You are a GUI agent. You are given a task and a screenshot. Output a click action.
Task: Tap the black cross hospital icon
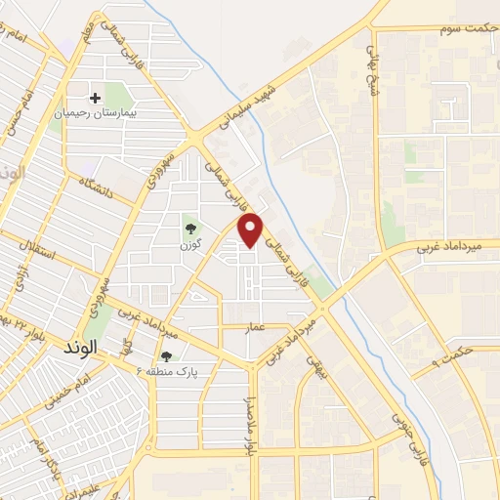96,98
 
